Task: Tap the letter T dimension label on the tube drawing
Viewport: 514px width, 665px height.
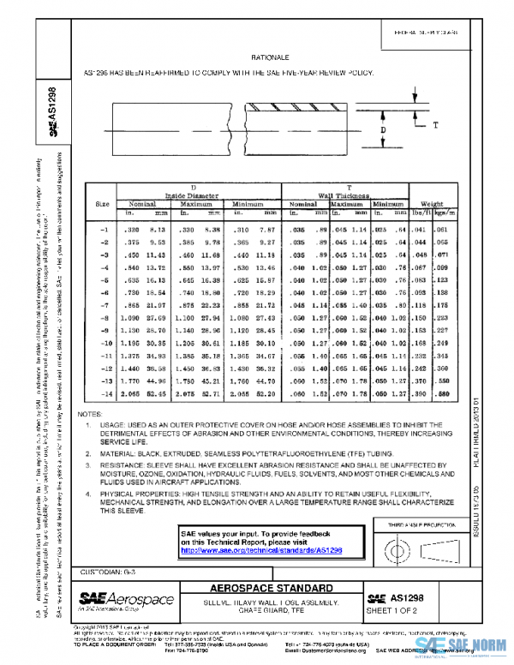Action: click(x=435, y=125)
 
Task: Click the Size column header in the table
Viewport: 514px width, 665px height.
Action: click(x=102, y=203)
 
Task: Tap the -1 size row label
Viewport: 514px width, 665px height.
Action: click(x=103, y=230)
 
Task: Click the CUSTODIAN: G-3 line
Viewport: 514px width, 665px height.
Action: click(x=107, y=571)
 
